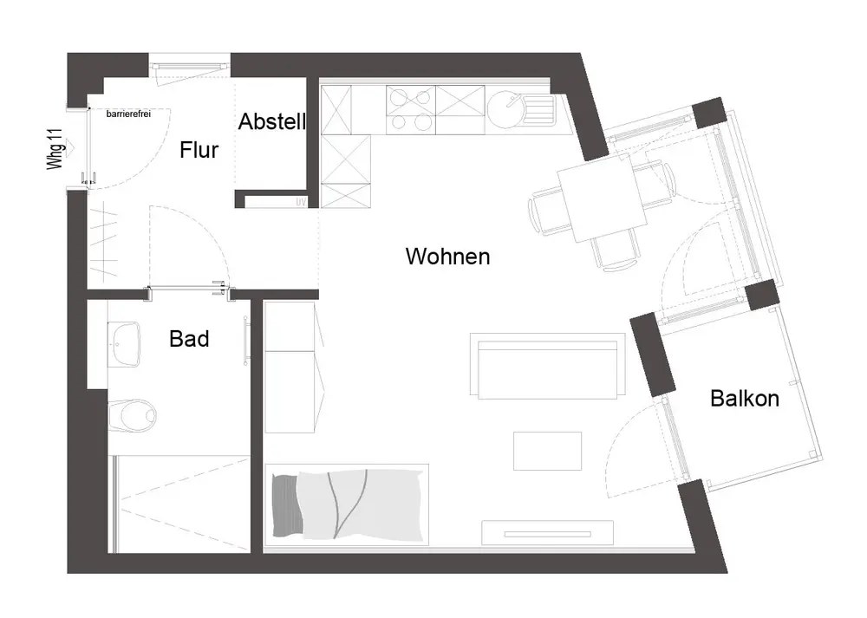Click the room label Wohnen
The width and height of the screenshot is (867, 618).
coord(447,257)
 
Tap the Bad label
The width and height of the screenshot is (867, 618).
coord(189,339)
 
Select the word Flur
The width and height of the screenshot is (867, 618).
coord(199,150)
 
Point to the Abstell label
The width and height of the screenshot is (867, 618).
coord(272,122)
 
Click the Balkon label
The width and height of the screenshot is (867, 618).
coord(744,399)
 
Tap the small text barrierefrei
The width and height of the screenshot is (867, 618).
coord(128,114)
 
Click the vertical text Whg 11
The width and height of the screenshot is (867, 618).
coord(56,148)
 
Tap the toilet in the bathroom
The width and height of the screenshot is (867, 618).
coord(135,413)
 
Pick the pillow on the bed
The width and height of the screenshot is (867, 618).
coord(284,505)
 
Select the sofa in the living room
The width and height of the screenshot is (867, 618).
coord(548,366)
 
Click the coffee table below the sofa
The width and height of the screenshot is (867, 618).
coord(546,451)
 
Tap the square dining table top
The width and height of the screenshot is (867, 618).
coord(602,200)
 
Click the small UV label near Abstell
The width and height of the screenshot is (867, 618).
coord(302,202)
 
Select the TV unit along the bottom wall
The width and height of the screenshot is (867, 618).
coord(547,532)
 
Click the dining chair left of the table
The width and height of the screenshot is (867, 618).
coord(544,211)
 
